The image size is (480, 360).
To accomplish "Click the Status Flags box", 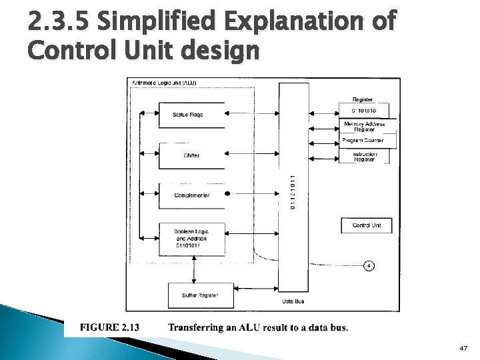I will (x=187, y=115).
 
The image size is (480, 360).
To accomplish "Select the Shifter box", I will (x=191, y=155).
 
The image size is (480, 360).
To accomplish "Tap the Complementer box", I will (x=191, y=195).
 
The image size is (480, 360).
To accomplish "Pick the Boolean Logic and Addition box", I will (x=191, y=239).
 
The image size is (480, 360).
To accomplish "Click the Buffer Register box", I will (x=191, y=294).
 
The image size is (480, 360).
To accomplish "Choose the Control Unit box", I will (x=366, y=226).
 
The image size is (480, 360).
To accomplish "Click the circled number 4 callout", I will (x=369, y=266).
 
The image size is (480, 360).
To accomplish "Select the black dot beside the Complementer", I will (x=228, y=194).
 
